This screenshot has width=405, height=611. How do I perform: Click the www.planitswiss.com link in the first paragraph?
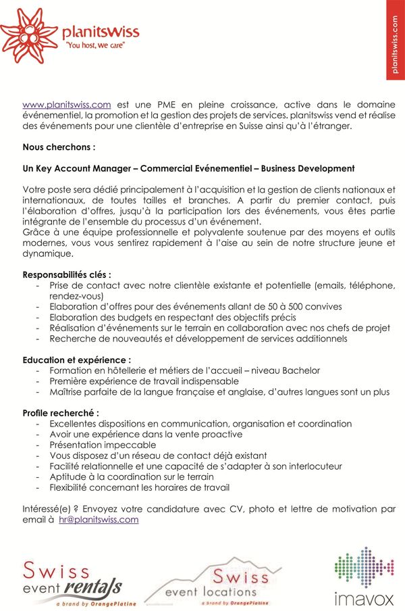click(66, 104)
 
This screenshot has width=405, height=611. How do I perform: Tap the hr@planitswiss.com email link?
click(99, 519)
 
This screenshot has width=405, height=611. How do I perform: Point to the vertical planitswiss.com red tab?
click(395, 40)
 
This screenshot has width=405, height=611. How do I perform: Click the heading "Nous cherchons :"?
click(59, 146)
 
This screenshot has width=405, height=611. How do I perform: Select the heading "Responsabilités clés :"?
click(67, 274)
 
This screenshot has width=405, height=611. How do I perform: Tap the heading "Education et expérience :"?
click(77, 360)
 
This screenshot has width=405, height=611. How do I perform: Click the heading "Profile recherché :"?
click(61, 412)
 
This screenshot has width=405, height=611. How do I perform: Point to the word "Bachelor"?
click(300, 370)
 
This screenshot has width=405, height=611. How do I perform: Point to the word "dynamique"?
click(47, 253)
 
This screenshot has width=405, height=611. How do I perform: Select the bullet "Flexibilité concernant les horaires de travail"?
click(139, 487)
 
